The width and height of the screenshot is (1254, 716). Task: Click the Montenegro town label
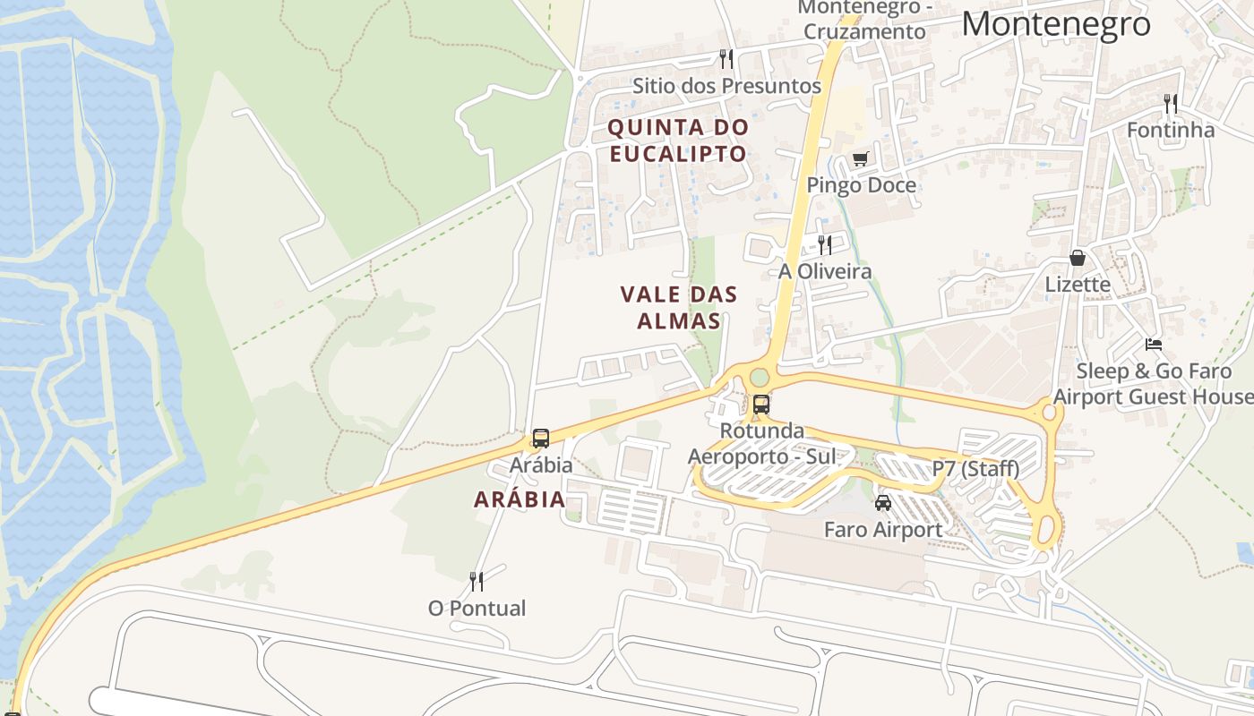[x=1055, y=24]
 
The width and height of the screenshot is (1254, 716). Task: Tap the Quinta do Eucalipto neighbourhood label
[x=677, y=141]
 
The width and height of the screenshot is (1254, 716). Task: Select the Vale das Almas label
[x=679, y=307]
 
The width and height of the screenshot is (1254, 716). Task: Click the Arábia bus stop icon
[x=541, y=439]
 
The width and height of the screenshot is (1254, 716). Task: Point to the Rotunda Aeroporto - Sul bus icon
[x=761, y=404]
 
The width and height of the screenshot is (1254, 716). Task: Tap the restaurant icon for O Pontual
[x=477, y=582]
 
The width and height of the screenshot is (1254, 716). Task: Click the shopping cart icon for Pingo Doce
[x=860, y=159]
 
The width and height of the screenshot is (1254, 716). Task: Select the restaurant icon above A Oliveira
[x=825, y=244]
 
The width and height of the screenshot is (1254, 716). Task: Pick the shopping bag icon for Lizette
[x=1078, y=258]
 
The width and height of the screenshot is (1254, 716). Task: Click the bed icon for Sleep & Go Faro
[x=1154, y=345]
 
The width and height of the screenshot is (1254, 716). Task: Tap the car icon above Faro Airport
[x=883, y=503]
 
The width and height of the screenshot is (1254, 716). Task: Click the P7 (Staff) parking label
[x=975, y=468]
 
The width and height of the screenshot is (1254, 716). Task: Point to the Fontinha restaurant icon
[x=1170, y=104]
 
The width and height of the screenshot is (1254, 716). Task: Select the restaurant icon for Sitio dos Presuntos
[x=726, y=59]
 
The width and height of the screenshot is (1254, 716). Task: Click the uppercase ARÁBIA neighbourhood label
[x=520, y=499]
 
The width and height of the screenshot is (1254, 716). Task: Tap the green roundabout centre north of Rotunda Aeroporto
[x=760, y=377]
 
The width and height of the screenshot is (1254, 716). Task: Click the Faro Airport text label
[x=882, y=530]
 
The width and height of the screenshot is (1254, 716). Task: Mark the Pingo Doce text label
[x=861, y=185]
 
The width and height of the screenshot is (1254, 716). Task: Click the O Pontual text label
[x=477, y=609]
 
